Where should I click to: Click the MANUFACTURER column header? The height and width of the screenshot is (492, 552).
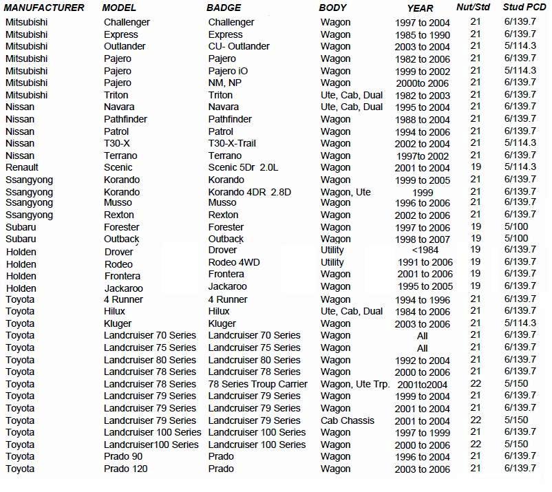pos(44,8)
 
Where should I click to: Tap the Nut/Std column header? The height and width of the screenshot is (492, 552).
pos(474,8)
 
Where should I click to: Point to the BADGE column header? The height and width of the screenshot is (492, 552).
pos(224,8)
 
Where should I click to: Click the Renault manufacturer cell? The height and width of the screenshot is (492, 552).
pos(22,167)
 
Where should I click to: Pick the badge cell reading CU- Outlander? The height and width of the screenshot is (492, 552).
pos(239,46)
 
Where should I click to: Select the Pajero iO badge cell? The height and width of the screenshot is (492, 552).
pos(234,71)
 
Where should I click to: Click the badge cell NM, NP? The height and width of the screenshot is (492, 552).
pos(224,83)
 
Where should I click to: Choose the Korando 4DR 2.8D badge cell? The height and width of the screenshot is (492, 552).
pos(249,192)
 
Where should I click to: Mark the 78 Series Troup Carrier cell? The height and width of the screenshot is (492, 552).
pos(257,384)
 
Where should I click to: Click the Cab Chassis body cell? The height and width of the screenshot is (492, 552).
pos(348,420)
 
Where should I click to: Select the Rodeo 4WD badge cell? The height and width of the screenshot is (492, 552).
pos(234,262)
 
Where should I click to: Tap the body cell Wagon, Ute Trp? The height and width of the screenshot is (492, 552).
pos(355,384)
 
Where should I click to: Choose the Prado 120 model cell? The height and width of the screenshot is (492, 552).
pos(125,469)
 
